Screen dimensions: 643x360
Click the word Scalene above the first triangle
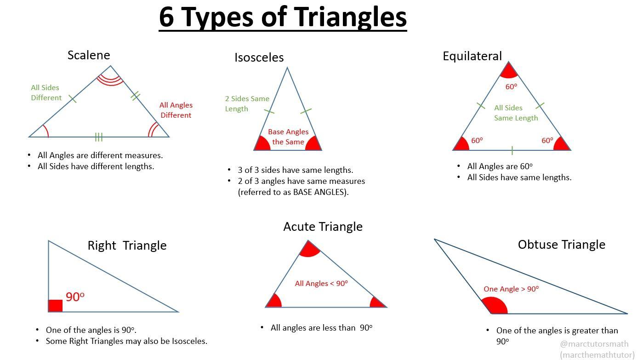[x=89, y=55]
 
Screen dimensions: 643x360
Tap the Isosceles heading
[x=259, y=57]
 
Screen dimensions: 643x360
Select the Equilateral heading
[x=472, y=56]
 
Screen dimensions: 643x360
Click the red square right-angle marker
[x=56, y=306]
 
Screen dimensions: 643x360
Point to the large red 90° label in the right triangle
[x=75, y=297]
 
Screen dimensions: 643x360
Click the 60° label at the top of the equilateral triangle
[x=511, y=86]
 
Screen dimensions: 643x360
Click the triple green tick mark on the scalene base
[x=98, y=137]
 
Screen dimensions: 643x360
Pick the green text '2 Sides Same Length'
[x=247, y=103]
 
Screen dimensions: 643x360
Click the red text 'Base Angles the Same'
[x=288, y=137]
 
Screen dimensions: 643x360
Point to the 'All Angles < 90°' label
[x=321, y=283]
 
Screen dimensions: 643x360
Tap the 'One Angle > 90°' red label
[x=511, y=289]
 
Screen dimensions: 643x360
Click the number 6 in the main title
[x=166, y=17]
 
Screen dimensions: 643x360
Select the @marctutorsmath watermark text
[x=594, y=343]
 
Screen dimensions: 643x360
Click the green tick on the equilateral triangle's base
[x=512, y=150]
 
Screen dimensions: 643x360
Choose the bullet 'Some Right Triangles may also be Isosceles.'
[x=126, y=341]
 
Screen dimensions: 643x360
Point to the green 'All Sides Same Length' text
[x=516, y=113]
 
